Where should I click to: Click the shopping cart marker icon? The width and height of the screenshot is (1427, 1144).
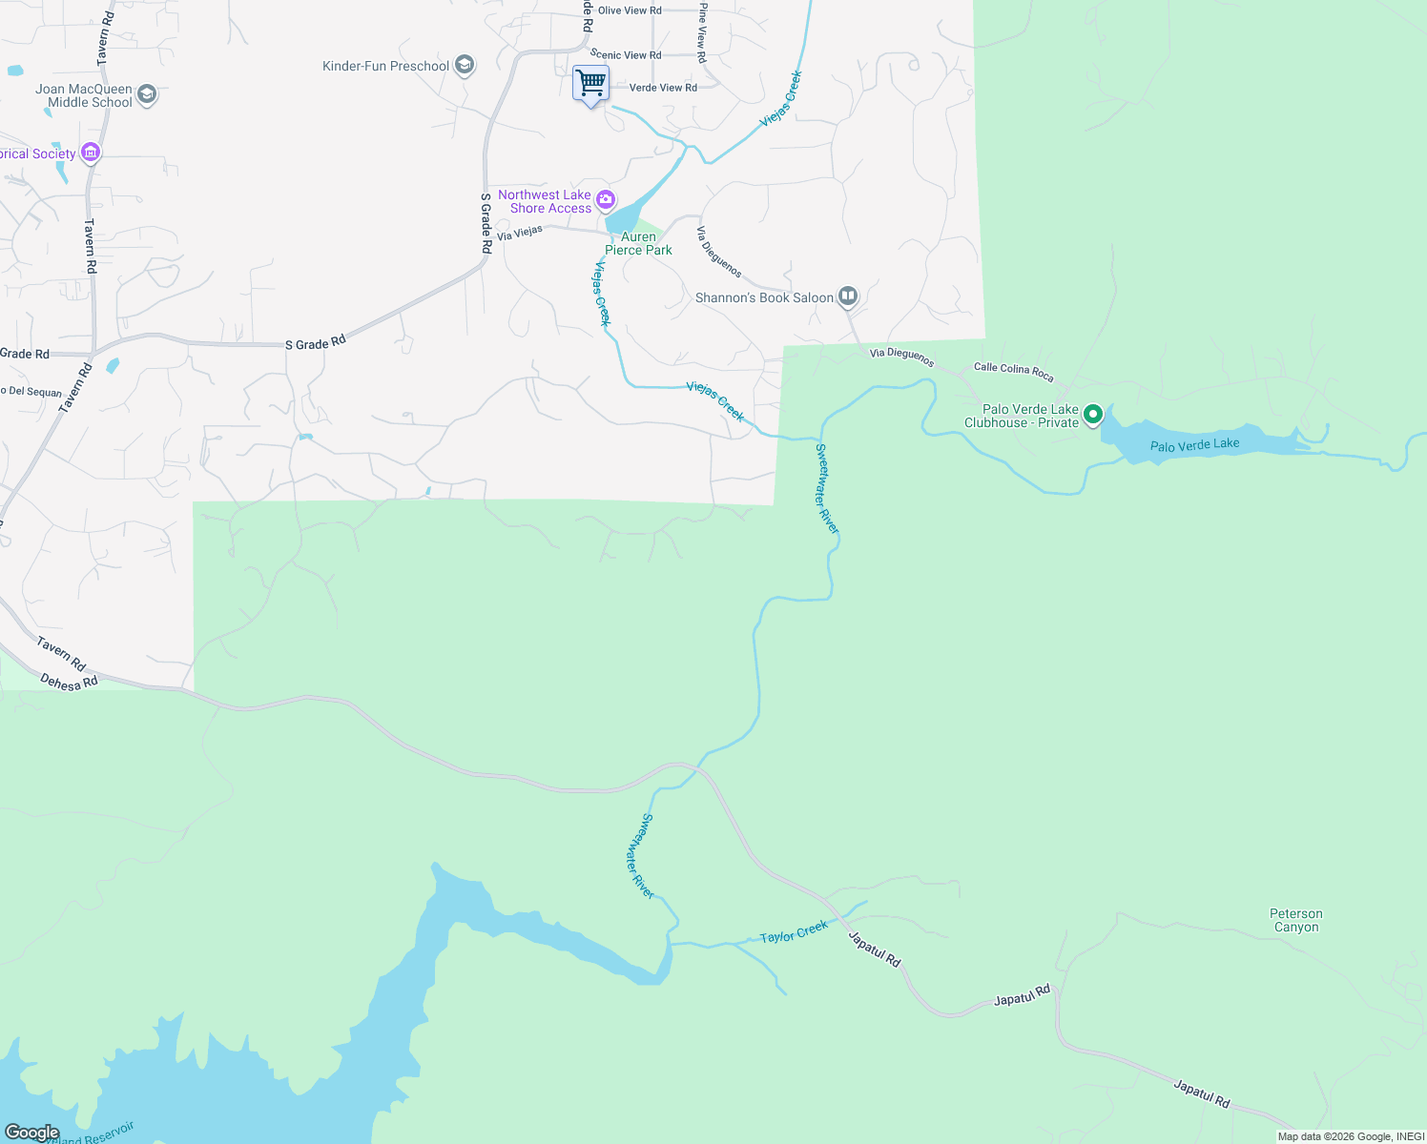(x=590, y=84)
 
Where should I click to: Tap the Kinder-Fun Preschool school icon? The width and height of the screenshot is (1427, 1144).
(x=465, y=65)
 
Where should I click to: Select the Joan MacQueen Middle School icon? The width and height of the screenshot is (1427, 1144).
(x=147, y=94)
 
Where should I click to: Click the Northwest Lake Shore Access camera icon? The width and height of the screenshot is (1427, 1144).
(x=606, y=200)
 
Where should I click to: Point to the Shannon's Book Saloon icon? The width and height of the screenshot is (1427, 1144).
(x=848, y=296)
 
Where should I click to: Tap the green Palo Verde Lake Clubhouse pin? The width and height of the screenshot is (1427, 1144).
(x=1093, y=414)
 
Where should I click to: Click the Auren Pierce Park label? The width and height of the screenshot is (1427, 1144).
(x=638, y=243)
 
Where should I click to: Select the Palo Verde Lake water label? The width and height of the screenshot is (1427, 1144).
(x=1194, y=444)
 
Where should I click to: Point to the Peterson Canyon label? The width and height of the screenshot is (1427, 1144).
(x=1296, y=920)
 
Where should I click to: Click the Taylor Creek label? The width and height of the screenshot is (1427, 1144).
(x=794, y=932)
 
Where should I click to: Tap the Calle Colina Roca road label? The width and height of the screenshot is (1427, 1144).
(x=1013, y=372)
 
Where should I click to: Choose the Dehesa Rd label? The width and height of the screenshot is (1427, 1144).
(x=69, y=682)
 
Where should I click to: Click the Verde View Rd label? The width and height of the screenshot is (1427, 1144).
(x=663, y=88)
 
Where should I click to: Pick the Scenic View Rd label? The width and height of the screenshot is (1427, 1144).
(x=626, y=55)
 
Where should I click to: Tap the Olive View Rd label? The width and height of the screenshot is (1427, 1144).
(x=630, y=10)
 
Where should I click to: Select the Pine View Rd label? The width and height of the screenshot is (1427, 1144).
(x=702, y=32)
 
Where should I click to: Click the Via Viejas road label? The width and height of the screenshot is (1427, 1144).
(x=520, y=232)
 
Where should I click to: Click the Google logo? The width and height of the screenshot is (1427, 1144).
(x=32, y=1133)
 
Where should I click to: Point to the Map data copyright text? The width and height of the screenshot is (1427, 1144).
(x=1350, y=1136)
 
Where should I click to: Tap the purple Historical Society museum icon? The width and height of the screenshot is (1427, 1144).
(x=91, y=153)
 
